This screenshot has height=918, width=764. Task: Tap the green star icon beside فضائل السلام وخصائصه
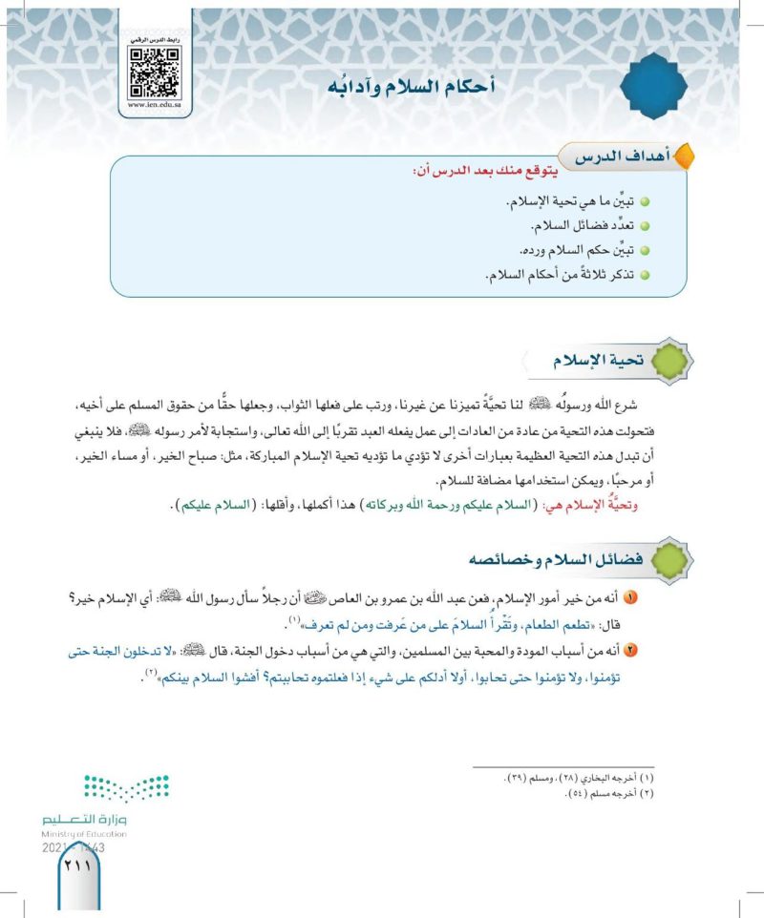pos(668,557)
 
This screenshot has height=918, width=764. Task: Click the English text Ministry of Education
pos(86,833)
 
